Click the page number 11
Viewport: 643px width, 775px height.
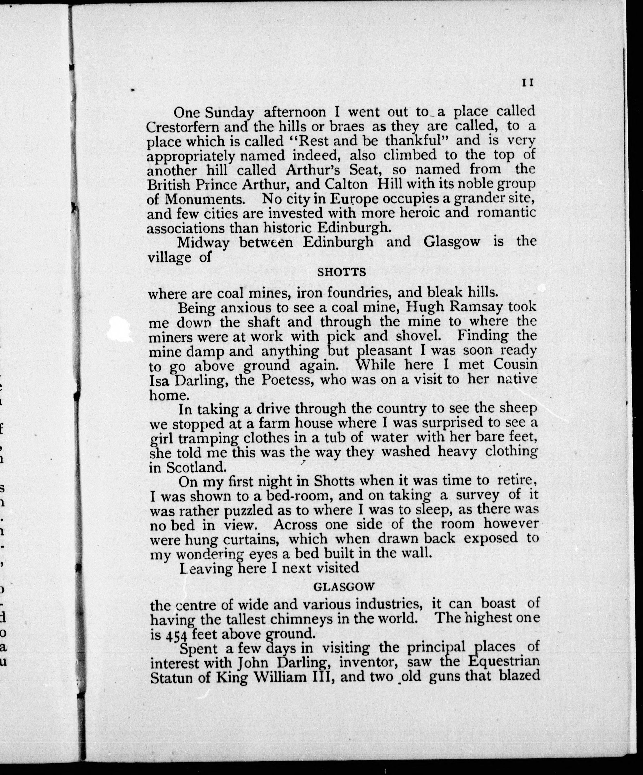pos(528,83)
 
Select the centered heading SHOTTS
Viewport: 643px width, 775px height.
pos(342,272)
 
